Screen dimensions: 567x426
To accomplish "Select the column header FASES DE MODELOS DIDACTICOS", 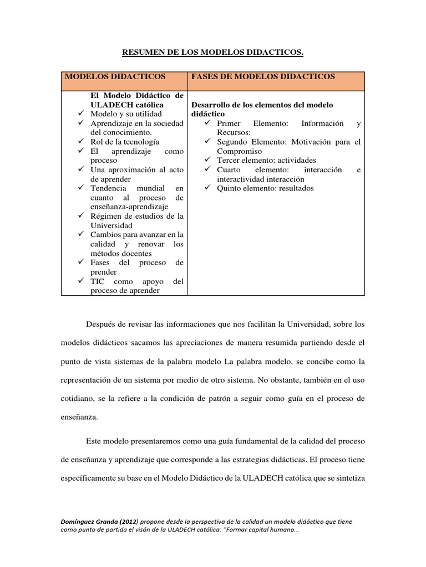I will click(x=262, y=76).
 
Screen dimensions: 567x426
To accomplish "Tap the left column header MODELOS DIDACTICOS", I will click(x=115, y=76).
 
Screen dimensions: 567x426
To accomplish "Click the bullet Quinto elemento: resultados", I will click(x=265, y=188).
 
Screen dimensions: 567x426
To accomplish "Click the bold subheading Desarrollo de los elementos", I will click(x=262, y=105).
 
